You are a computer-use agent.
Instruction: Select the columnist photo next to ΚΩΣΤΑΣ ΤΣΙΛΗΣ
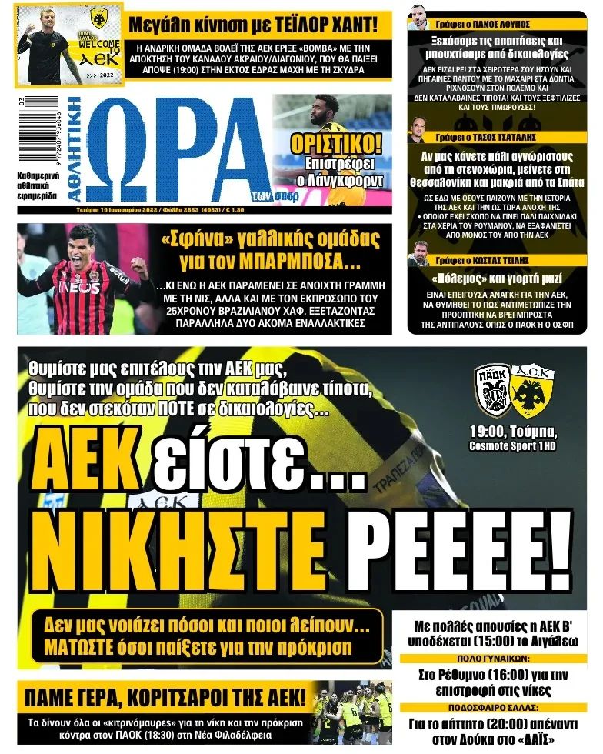[418, 253]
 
